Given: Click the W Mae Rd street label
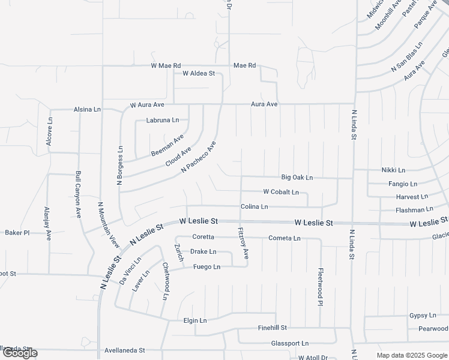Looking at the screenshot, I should click(166, 65).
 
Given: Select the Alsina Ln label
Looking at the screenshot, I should click(87, 110).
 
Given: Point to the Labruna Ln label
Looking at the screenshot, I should click(163, 120).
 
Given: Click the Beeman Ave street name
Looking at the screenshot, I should click(167, 146).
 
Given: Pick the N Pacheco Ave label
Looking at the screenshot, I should click(198, 158).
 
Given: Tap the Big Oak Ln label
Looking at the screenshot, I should click(297, 178).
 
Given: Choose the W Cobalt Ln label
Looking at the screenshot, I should click(281, 192).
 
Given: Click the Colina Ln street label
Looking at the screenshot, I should click(254, 207).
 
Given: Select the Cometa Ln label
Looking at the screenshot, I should click(285, 238).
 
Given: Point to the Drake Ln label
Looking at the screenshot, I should click(203, 251).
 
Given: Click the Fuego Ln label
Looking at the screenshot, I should click(207, 267).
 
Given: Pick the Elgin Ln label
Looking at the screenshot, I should click(195, 320).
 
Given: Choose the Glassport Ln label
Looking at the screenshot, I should click(289, 343).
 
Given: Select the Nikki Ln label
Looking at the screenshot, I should click(393, 170).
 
